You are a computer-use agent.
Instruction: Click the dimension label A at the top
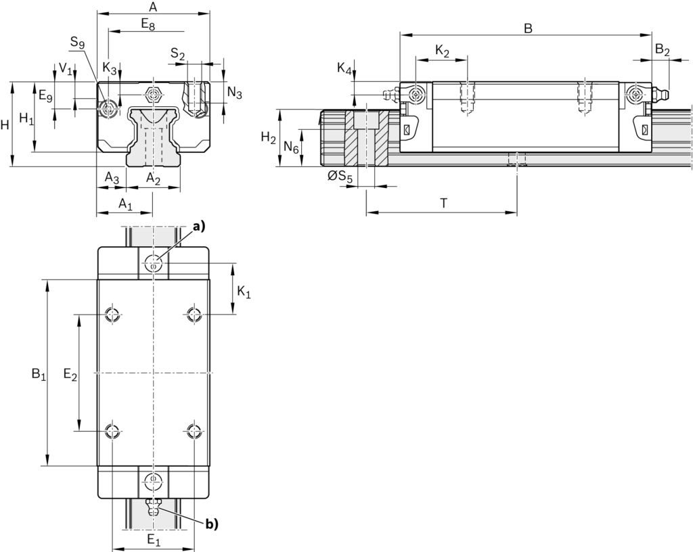click(x=153, y=7)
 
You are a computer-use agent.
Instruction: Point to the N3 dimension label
click(x=234, y=93)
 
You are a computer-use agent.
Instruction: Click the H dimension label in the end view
click(x=5, y=124)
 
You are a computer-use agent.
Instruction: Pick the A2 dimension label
click(x=154, y=178)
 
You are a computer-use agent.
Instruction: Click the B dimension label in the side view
click(x=529, y=28)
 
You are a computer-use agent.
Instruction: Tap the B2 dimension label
click(x=663, y=51)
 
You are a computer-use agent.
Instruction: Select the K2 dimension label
click(x=442, y=51)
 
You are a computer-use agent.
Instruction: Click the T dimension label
click(x=443, y=203)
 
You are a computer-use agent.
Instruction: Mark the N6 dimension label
click(x=292, y=147)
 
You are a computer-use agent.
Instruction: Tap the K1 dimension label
click(x=244, y=294)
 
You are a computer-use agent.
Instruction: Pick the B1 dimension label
click(x=38, y=373)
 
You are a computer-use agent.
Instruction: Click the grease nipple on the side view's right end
click(x=661, y=94)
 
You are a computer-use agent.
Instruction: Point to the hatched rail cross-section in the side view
click(x=367, y=139)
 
